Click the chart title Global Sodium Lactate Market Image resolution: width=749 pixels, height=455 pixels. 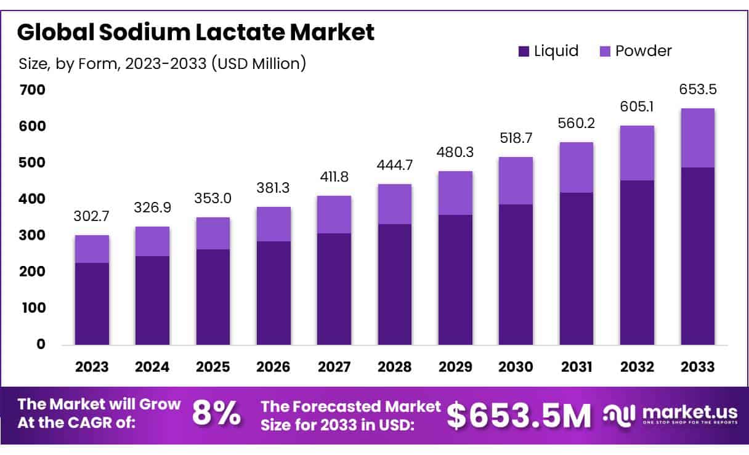(x=195, y=32)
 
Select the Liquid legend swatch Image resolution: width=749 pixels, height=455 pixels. (x=524, y=52)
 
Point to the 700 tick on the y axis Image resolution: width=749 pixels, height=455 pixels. (x=33, y=90)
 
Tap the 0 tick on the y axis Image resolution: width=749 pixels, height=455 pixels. (x=41, y=344)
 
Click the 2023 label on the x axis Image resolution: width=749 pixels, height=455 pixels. (x=92, y=367)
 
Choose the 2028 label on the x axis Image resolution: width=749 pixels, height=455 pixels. (x=395, y=367)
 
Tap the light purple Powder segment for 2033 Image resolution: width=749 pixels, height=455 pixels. (x=697, y=138)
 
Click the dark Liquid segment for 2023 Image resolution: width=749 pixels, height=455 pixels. (x=92, y=304)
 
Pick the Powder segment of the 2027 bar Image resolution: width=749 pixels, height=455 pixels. (x=334, y=214)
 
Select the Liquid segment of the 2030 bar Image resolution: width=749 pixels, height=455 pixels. (x=516, y=275)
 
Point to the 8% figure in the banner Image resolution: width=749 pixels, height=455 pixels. (x=216, y=414)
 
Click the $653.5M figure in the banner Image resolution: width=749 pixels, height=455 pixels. (x=519, y=415)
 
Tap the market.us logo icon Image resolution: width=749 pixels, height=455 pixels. (x=619, y=415)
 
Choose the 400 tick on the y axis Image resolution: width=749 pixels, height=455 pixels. (x=33, y=199)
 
